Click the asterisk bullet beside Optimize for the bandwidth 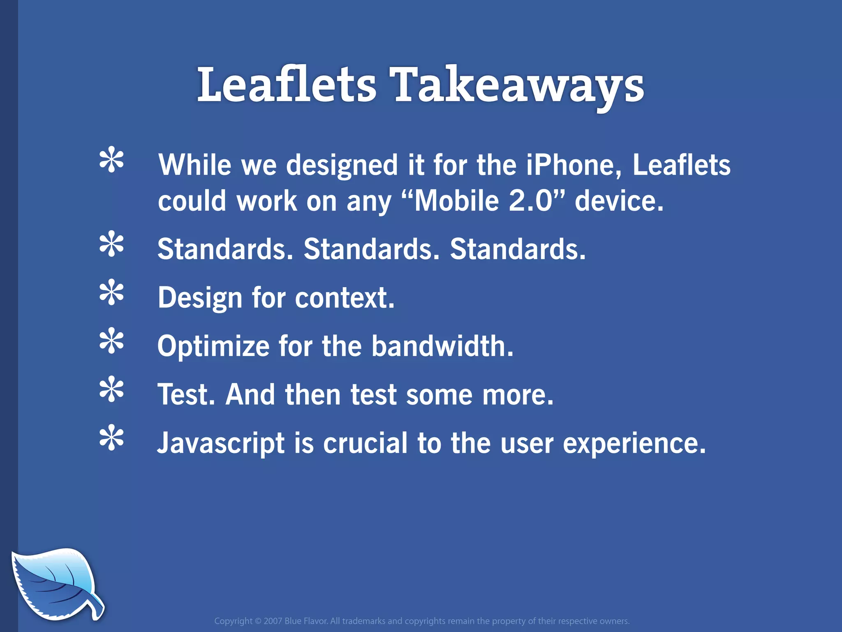tap(111, 341)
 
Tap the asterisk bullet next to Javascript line tap(111, 438)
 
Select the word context tap(344, 297)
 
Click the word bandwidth tap(442, 346)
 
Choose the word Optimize tap(213, 347)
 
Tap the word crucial tap(365, 443)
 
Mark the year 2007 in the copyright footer tap(273, 621)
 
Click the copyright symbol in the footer tap(258, 621)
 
